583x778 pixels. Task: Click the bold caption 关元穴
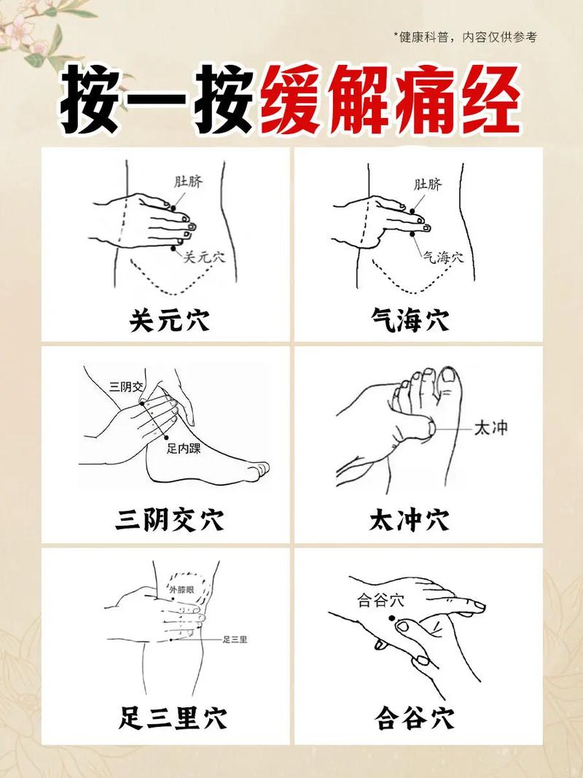coord(168,319)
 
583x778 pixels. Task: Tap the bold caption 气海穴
coord(409,319)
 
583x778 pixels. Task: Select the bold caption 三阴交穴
coord(168,520)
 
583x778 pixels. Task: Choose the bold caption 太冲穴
coord(409,520)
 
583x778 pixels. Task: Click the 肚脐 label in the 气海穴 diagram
coord(428,184)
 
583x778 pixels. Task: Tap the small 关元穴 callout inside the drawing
coord(204,257)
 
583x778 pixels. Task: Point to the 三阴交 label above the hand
coord(127,386)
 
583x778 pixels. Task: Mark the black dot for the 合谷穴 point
coord(391,619)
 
